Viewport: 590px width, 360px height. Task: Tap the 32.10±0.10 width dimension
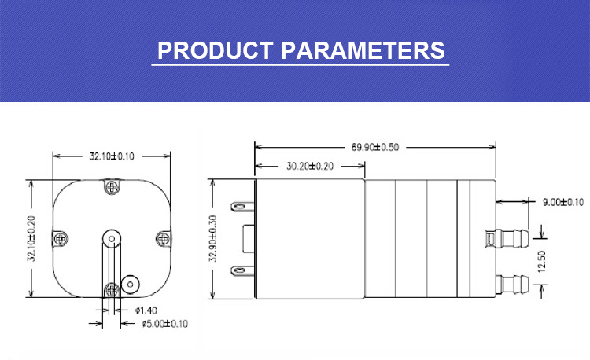111,156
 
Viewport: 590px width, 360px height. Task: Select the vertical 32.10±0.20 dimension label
32,241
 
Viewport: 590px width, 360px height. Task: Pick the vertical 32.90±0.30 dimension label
212,241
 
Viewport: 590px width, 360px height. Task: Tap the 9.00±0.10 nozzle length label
563,202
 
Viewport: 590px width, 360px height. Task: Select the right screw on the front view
162,237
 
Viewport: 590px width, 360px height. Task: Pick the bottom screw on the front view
111,288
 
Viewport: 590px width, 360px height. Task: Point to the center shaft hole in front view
112,237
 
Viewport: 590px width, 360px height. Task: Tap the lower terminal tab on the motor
240,271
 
